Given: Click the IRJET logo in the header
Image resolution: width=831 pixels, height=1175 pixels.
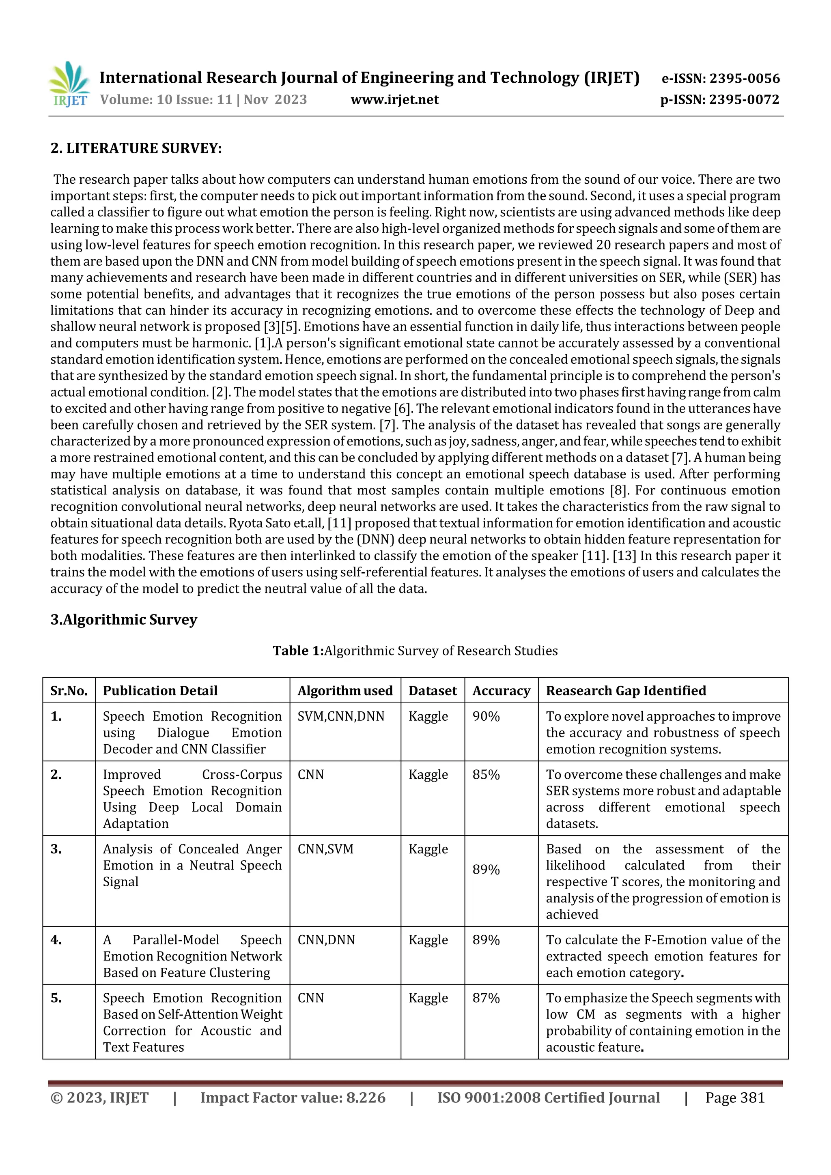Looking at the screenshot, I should point(69,84).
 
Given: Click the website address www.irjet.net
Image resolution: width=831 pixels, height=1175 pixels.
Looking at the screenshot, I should point(394,99).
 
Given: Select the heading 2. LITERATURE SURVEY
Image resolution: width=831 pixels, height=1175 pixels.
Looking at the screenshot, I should point(136,148).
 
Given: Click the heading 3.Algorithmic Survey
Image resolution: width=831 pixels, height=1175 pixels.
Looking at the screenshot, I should point(123,619).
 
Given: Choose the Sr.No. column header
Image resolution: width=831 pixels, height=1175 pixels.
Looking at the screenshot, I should point(69,691).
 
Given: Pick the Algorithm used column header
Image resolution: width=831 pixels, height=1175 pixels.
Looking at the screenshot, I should point(345,691).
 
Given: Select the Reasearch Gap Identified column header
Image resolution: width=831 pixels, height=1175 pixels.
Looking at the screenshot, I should point(626,691).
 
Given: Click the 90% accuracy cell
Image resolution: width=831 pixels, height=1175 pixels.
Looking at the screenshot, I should point(486,716).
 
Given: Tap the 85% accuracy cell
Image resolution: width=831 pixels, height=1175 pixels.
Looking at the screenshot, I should point(486,775).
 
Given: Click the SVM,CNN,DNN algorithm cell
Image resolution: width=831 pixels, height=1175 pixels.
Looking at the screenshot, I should point(340,716).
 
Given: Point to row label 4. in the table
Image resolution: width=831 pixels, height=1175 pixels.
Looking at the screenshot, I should point(56,940).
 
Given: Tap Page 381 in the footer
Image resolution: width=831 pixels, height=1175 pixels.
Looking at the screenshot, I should point(735,1098).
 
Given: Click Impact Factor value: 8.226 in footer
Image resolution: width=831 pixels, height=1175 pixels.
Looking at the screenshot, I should point(293,1098).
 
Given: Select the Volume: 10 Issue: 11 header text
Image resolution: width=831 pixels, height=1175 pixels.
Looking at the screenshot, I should point(203,99).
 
